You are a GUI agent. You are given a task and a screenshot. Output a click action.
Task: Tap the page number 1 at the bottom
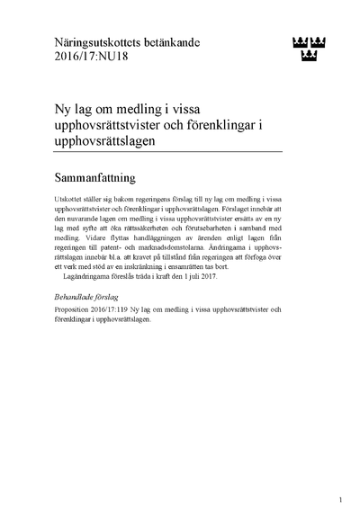pyautogui.click(x=341, y=500)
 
